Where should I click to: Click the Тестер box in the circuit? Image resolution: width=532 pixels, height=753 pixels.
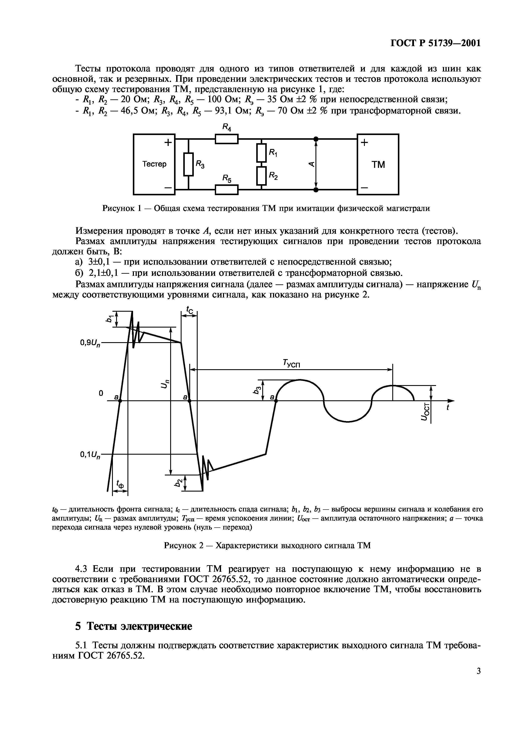pos(154,164)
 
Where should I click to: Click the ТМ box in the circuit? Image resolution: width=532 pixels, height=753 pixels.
pos(378,164)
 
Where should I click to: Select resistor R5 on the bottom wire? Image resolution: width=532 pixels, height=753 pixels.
pos(226,190)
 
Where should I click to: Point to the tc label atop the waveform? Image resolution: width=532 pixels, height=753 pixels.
pos(189,309)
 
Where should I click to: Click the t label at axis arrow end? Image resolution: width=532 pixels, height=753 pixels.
pos(448,408)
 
